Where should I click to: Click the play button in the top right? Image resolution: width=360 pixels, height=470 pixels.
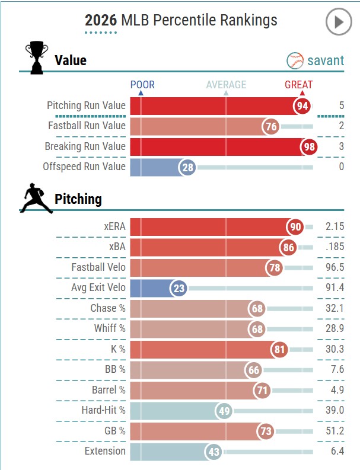(x=338, y=23)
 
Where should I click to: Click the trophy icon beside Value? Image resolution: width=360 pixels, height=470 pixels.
(x=36, y=58)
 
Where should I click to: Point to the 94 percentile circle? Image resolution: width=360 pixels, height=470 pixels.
(x=303, y=105)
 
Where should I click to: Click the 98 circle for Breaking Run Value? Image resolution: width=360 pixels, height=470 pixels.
(x=309, y=146)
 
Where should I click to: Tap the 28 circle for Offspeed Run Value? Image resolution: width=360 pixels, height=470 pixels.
(x=188, y=167)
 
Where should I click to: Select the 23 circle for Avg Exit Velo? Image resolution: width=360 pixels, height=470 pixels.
(x=179, y=288)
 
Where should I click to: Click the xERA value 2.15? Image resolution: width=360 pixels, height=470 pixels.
(x=334, y=227)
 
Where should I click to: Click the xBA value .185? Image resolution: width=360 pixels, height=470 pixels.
(x=334, y=248)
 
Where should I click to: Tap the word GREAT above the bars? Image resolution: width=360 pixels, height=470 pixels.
(x=298, y=85)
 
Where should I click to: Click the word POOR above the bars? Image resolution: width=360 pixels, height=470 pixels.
(x=142, y=85)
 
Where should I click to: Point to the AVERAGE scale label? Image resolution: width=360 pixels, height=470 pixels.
(x=226, y=85)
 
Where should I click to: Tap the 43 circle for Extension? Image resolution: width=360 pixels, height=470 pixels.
(x=214, y=452)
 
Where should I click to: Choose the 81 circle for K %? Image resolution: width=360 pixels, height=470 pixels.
(x=281, y=349)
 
